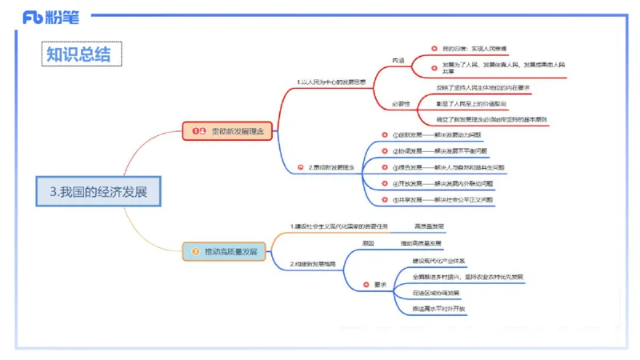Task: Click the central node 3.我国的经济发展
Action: [98, 192]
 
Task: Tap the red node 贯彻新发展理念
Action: [228, 130]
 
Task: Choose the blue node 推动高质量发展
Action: [226, 251]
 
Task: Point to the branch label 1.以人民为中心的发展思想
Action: [330, 82]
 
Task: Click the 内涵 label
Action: [398, 61]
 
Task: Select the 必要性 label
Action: [400, 104]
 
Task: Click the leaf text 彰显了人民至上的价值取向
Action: [470, 104]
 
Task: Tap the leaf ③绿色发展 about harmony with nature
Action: [448, 167]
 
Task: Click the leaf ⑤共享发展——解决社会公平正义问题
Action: [442, 200]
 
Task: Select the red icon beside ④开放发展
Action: [384, 184]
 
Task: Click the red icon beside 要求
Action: [366, 284]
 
